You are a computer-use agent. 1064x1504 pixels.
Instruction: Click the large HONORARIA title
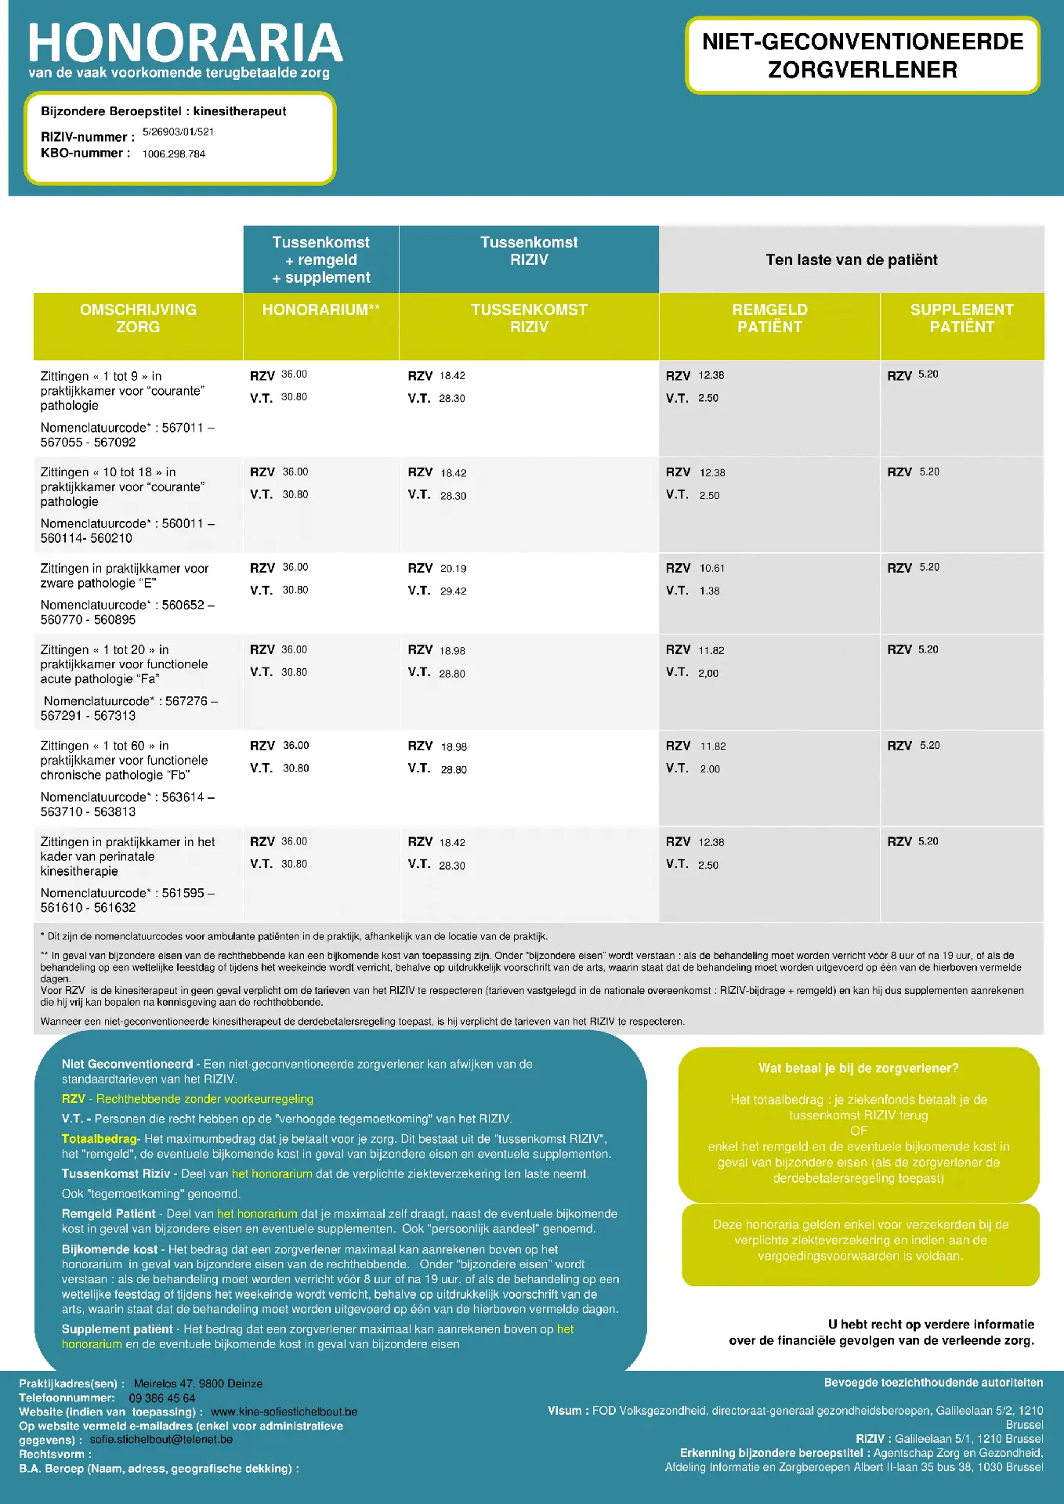click(x=186, y=44)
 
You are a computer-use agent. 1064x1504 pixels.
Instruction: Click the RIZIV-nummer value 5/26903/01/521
click(x=178, y=132)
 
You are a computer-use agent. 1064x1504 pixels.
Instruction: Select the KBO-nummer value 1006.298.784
click(x=173, y=154)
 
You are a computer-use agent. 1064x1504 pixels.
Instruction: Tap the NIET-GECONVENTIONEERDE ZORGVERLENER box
click(x=863, y=56)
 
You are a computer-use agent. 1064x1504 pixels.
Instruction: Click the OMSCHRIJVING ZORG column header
click(x=138, y=318)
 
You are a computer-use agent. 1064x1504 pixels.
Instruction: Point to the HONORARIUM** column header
click(x=321, y=310)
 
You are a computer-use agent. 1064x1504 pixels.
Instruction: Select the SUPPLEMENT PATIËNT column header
click(x=961, y=318)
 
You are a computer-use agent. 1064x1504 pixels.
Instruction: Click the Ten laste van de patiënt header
click(x=852, y=260)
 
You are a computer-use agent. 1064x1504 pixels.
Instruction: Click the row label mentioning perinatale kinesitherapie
click(x=128, y=856)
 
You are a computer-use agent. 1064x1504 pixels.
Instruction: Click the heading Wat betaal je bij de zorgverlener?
click(x=858, y=1068)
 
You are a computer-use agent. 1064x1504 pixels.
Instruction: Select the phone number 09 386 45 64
click(x=162, y=1398)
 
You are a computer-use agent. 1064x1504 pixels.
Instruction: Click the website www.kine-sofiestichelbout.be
click(x=284, y=1412)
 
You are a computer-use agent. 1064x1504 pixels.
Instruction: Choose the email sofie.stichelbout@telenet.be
click(x=161, y=1440)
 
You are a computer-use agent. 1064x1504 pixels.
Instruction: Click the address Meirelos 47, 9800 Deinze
click(x=197, y=1384)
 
